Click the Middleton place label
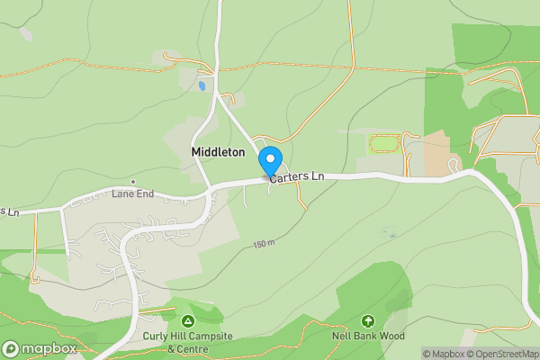click(218, 153)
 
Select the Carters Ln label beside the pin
click(297, 177)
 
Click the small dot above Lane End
click(132, 183)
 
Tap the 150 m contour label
click(263, 244)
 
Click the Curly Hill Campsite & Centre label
click(187, 342)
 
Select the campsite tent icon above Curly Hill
click(187, 321)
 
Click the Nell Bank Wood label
click(367, 336)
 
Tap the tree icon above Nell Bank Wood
click(367, 320)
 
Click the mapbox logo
click(40, 348)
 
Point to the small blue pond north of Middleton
click(201, 85)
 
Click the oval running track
click(384, 144)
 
